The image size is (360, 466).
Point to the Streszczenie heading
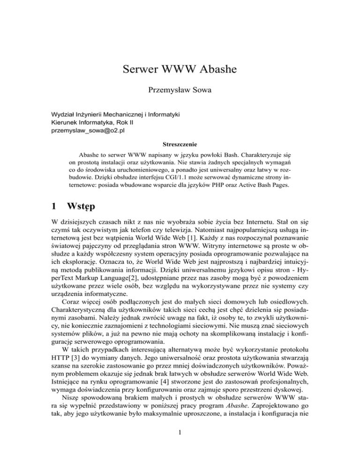click(x=180, y=146)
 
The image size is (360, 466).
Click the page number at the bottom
click(x=180, y=447)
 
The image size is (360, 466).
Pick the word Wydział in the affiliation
click(x=63, y=115)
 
